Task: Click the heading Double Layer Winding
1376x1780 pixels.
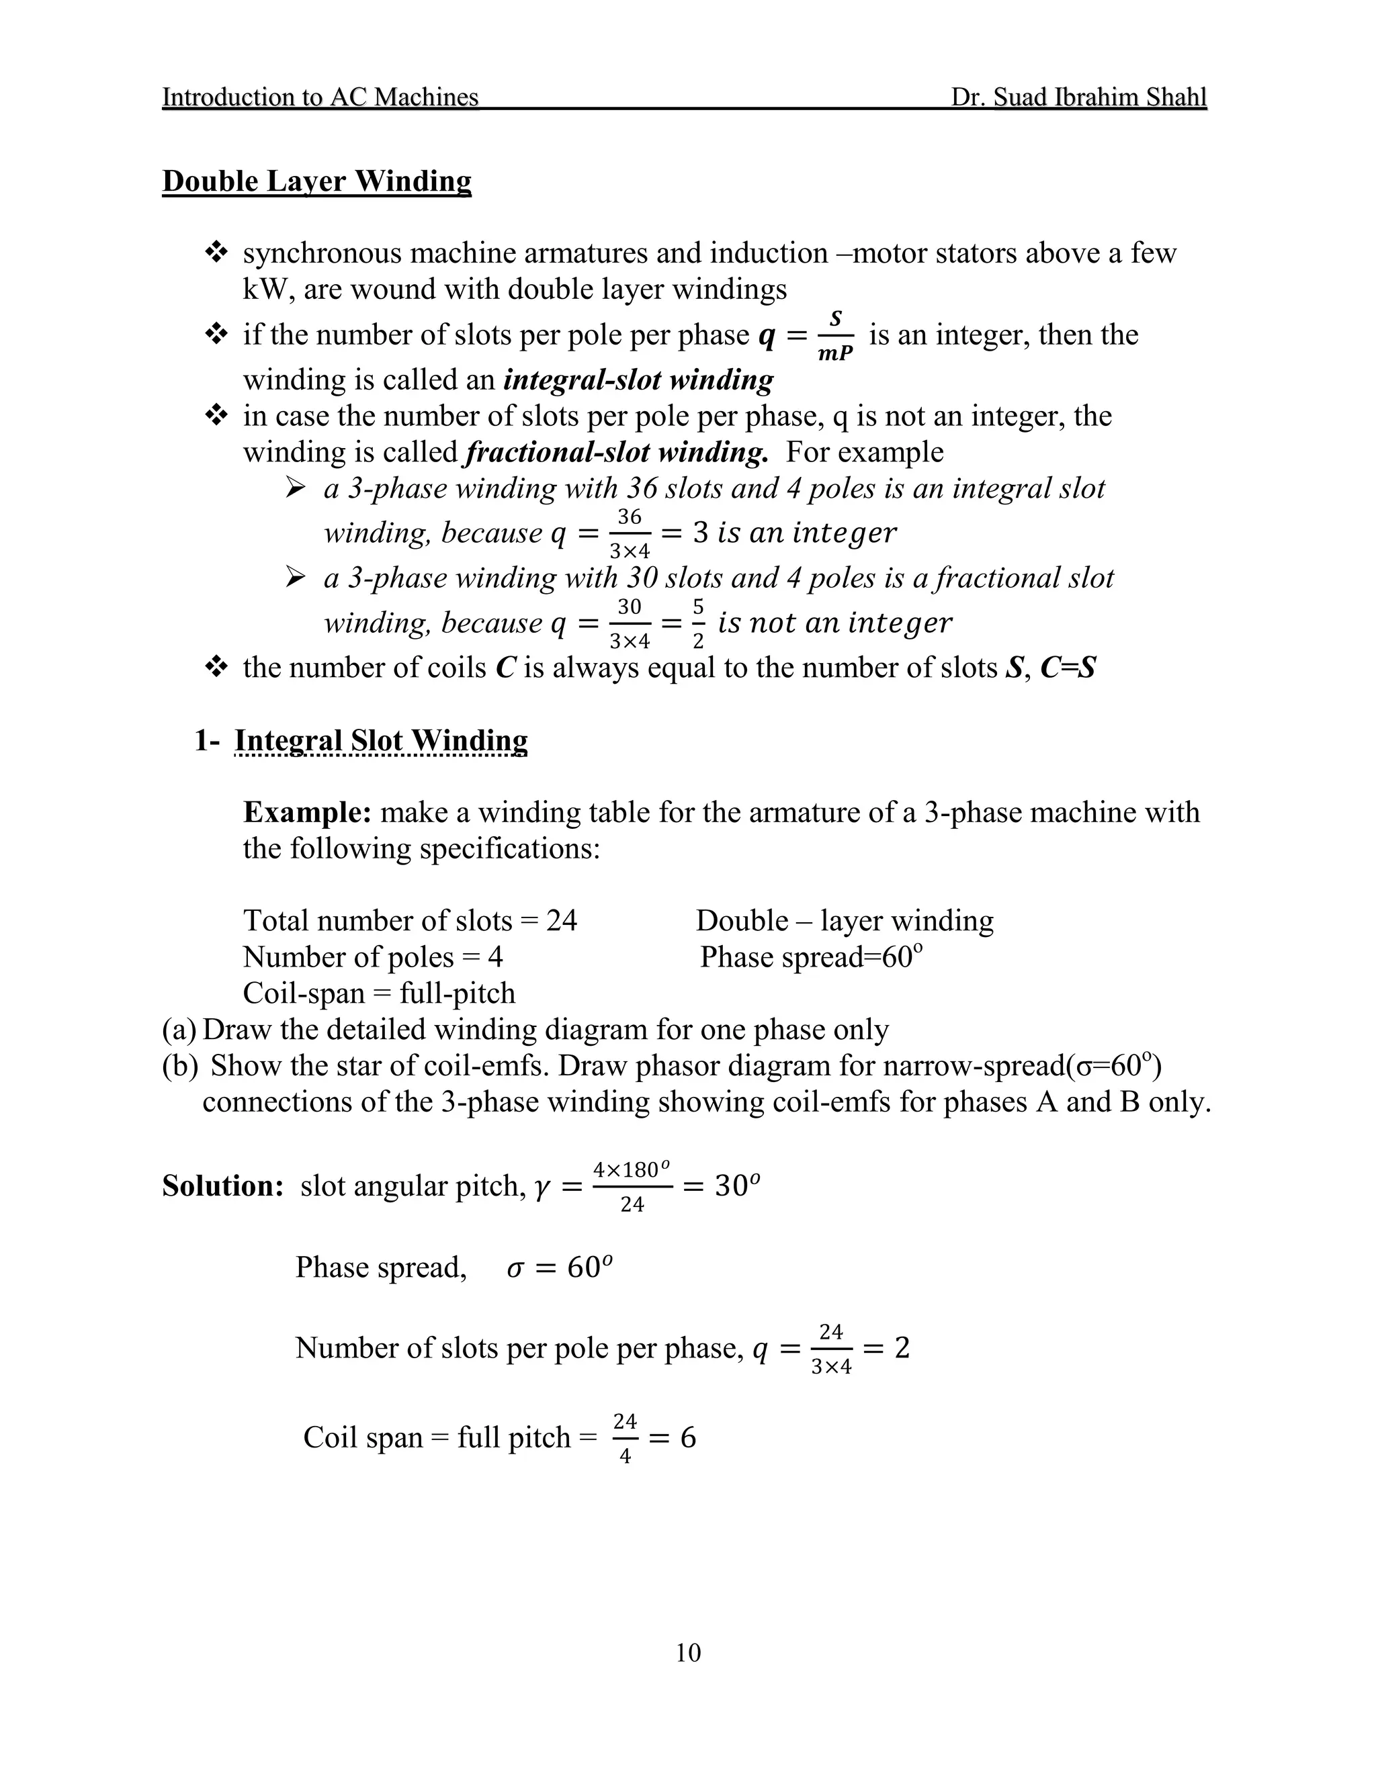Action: tap(316, 181)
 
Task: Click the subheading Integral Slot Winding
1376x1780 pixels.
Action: tap(381, 740)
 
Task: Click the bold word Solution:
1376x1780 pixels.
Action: tap(222, 1186)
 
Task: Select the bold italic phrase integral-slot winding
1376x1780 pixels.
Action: tap(638, 380)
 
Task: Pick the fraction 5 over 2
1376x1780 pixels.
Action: tap(698, 623)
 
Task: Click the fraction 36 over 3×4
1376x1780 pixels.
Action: tap(630, 534)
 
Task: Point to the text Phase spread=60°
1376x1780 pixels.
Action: tap(810, 956)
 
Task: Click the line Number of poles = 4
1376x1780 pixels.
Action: tap(372, 956)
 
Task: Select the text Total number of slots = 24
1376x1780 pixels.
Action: tap(410, 921)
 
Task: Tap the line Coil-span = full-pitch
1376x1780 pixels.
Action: tap(379, 993)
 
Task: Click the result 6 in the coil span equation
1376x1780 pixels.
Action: tap(688, 1437)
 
